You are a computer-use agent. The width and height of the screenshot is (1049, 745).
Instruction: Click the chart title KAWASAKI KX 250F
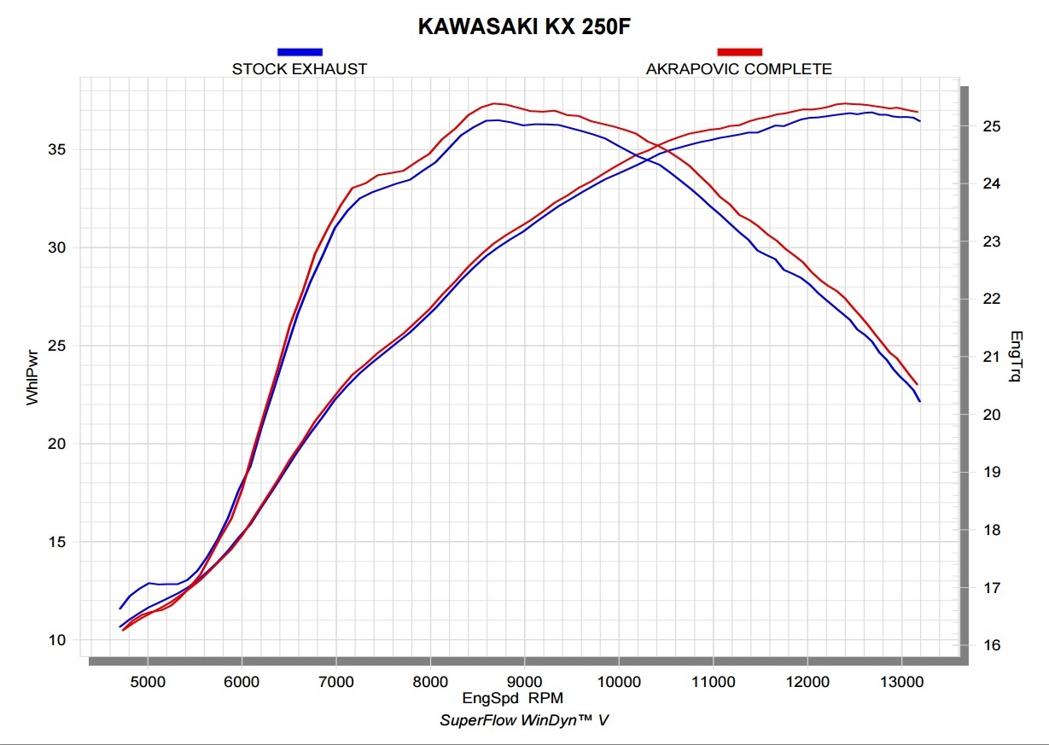click(524, 27)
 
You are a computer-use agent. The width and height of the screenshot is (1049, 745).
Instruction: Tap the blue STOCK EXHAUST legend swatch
click(300, 52)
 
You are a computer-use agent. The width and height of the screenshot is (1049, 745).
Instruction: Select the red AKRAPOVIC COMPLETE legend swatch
click(739, 52)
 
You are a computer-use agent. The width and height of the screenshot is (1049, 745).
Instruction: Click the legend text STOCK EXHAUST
click(300, 69)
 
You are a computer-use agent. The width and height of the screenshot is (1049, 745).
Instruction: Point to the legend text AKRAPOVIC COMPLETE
click(739, 69)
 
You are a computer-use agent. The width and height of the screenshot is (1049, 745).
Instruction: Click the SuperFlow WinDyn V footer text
click(524, 720)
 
